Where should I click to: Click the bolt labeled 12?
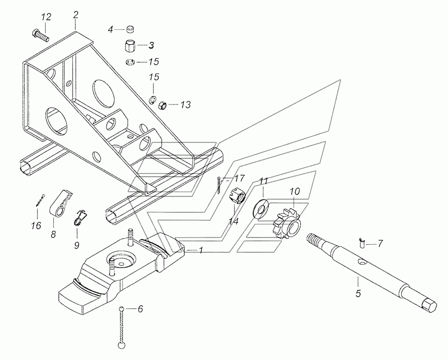pos(40,35)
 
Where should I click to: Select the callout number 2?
pos(76,15)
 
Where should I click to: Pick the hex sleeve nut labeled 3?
pos(131,46)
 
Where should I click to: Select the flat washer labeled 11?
pos(260,207)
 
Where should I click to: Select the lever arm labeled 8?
pos(61,204)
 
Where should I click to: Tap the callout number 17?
pos(239,179)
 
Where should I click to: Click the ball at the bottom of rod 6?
pos(122,346)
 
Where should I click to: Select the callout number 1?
pos(201,251)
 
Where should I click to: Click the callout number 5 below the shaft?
pos(358,293)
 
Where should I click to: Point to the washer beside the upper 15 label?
pos(130,62)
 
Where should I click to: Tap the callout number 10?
pos(295,191)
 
